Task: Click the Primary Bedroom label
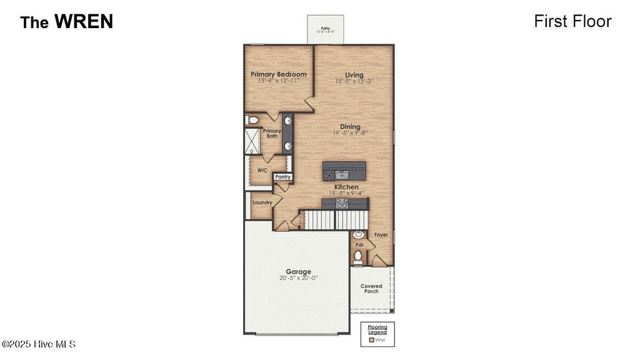(279, 74)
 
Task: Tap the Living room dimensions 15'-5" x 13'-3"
(354, 81)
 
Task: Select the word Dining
(350, 126)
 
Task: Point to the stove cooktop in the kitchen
(342, 202)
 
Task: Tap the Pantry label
(283, 177)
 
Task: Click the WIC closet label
(262, 170)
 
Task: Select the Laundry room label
(262, 202)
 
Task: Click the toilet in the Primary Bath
(251, 119)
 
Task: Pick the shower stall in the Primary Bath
(252, 141)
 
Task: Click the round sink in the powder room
(359, 235)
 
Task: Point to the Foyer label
(381, 235)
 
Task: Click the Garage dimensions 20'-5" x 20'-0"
(299, 279)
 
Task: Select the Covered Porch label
(371, 289)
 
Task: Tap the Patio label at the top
(325, 28)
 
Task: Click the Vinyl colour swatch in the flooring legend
(371, 341)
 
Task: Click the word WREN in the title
(83, 22)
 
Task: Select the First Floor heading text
(572, 21)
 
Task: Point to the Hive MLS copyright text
(38, 344)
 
